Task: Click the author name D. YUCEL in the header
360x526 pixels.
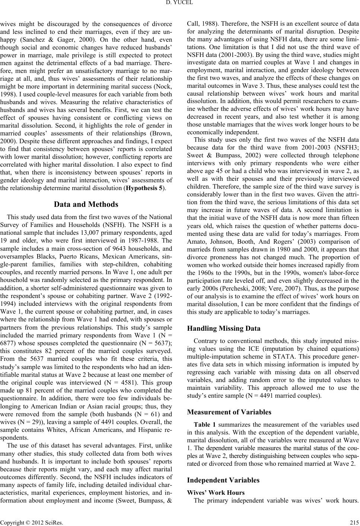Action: click(x=180, y=4)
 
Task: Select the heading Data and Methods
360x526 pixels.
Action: click(x=86, y=204)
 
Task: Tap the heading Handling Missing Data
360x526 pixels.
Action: click(x=223, y=328)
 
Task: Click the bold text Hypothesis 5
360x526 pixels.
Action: click(x=144, y=188)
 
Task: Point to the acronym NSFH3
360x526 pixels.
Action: click(x=343, y=144)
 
